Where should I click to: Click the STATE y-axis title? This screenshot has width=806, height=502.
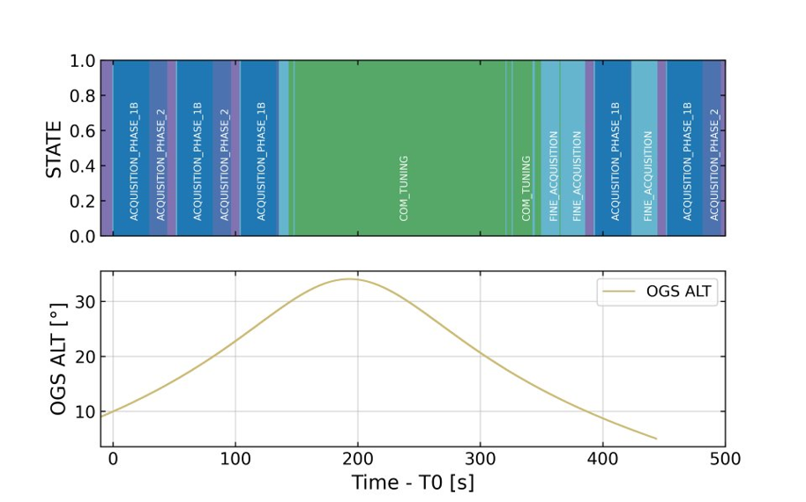pyautogui.click(x=54, y=150)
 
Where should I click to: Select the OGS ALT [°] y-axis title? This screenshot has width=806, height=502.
pyautogui.click(x=58, y=358)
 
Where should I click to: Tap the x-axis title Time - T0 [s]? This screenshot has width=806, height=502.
pyautogui.click(x=413, y=483)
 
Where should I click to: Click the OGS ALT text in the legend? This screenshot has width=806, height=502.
pyautogui.click(x=678, y=292)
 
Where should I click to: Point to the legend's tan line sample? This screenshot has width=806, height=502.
pyautogui.click(x=619, y=292)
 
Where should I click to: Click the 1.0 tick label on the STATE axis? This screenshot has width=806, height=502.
pyautogui.click(x=83, y=61)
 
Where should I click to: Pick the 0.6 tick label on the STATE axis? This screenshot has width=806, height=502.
pyautogui.click(x=83, y=131)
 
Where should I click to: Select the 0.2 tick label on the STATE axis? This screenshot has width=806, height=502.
pyautogui.click(x=83, y=201)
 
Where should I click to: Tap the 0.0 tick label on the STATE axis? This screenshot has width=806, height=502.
pyautogui.click(x=83, y=236)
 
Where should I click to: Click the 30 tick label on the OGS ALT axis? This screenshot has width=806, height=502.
pyautogui.click(x=86, y=301)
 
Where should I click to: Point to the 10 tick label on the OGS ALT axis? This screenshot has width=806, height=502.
pyautogui.click(x=86, y=411)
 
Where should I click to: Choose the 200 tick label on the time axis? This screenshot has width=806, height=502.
pyautogui.click(x=358, y=458)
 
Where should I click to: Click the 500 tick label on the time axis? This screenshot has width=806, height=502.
pyautogui.click(x=725, y=458)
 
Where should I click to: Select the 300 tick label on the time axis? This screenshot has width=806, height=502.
pyautogui.click(x=481, y=458)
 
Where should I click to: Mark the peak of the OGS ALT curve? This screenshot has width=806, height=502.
pyautogui.click(x=349, y=279)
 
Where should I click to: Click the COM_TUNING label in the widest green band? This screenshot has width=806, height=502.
pyautogui.click(x=404, y=188)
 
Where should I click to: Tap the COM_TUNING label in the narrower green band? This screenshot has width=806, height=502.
pyautogui.click(x=526, y=188)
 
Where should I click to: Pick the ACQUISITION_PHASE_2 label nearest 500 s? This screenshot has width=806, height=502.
pyautogui.click(x=714, y=162)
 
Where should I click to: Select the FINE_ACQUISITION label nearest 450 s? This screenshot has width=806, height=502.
pyautogui.click(x=647, y=176)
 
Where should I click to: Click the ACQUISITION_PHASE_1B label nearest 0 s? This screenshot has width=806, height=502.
pyautogui.click(x=134, y=162)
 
